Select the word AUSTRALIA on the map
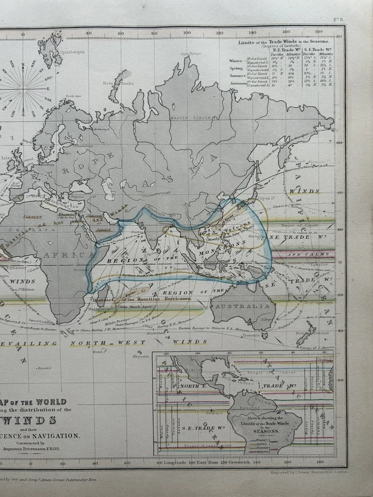tap(250, 306)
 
